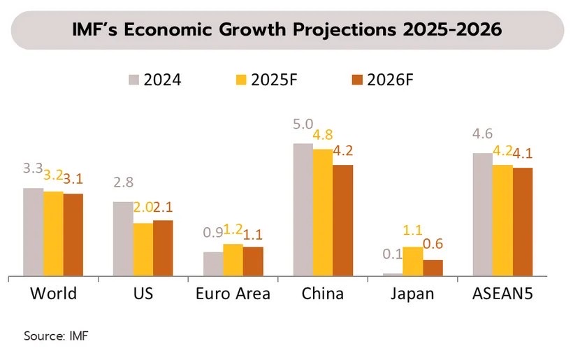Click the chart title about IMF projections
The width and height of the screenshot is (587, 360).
click(x=287, y=30)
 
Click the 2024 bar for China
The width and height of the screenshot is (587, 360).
click(x=303, y=210)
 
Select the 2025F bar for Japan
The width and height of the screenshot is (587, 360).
click(x=413, y=261)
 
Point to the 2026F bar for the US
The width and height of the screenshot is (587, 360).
click(x=163, y=248)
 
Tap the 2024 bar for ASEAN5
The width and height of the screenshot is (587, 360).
click(x=482, y=215)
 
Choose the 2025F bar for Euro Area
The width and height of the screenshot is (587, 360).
click(x=233, y=260)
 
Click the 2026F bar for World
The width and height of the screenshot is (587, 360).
click(x=73, y=235)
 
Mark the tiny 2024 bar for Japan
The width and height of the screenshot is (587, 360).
click(x=393, y=275)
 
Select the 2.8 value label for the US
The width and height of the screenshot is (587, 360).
click(x=123, y=183)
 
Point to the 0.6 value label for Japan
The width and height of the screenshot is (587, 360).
click(x=433, y=244)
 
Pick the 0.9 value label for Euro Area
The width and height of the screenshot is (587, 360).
click(x=213, y=233)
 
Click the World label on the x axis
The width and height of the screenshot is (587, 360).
click(x=53, y=294)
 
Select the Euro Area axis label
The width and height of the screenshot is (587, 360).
click(x=233, y=294)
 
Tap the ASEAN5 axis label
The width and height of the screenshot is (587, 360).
click(x=502, y=294)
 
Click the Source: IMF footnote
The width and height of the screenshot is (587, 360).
click(x=57, y=336)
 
